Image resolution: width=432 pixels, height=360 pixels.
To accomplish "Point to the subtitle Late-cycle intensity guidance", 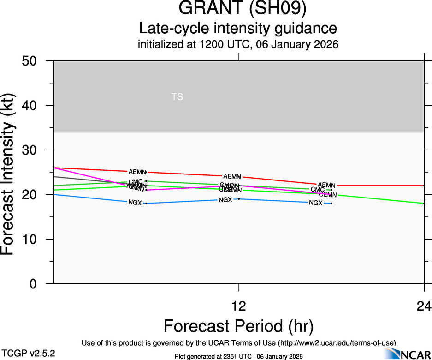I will pyautogui.click(x=238, y=29).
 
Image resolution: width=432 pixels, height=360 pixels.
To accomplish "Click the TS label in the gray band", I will pyautogui.click(x=177, y=97).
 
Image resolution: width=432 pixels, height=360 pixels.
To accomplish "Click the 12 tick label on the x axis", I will pyautogui.click(x=239, y=306).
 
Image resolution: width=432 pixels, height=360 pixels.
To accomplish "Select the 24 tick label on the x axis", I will pyautogui.click(x=424, y=306).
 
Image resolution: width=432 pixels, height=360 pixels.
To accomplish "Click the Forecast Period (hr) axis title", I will pyautogui.click(x=238, y=326).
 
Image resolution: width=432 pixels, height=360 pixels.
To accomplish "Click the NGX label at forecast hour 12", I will pyautogui.click(x=225, y=200).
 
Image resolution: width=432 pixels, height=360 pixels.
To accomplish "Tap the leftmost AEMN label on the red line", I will pyautogui.click(x=137, y=172).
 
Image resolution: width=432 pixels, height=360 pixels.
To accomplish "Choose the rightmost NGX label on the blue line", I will pyautogui.click(x=315, y=203).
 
